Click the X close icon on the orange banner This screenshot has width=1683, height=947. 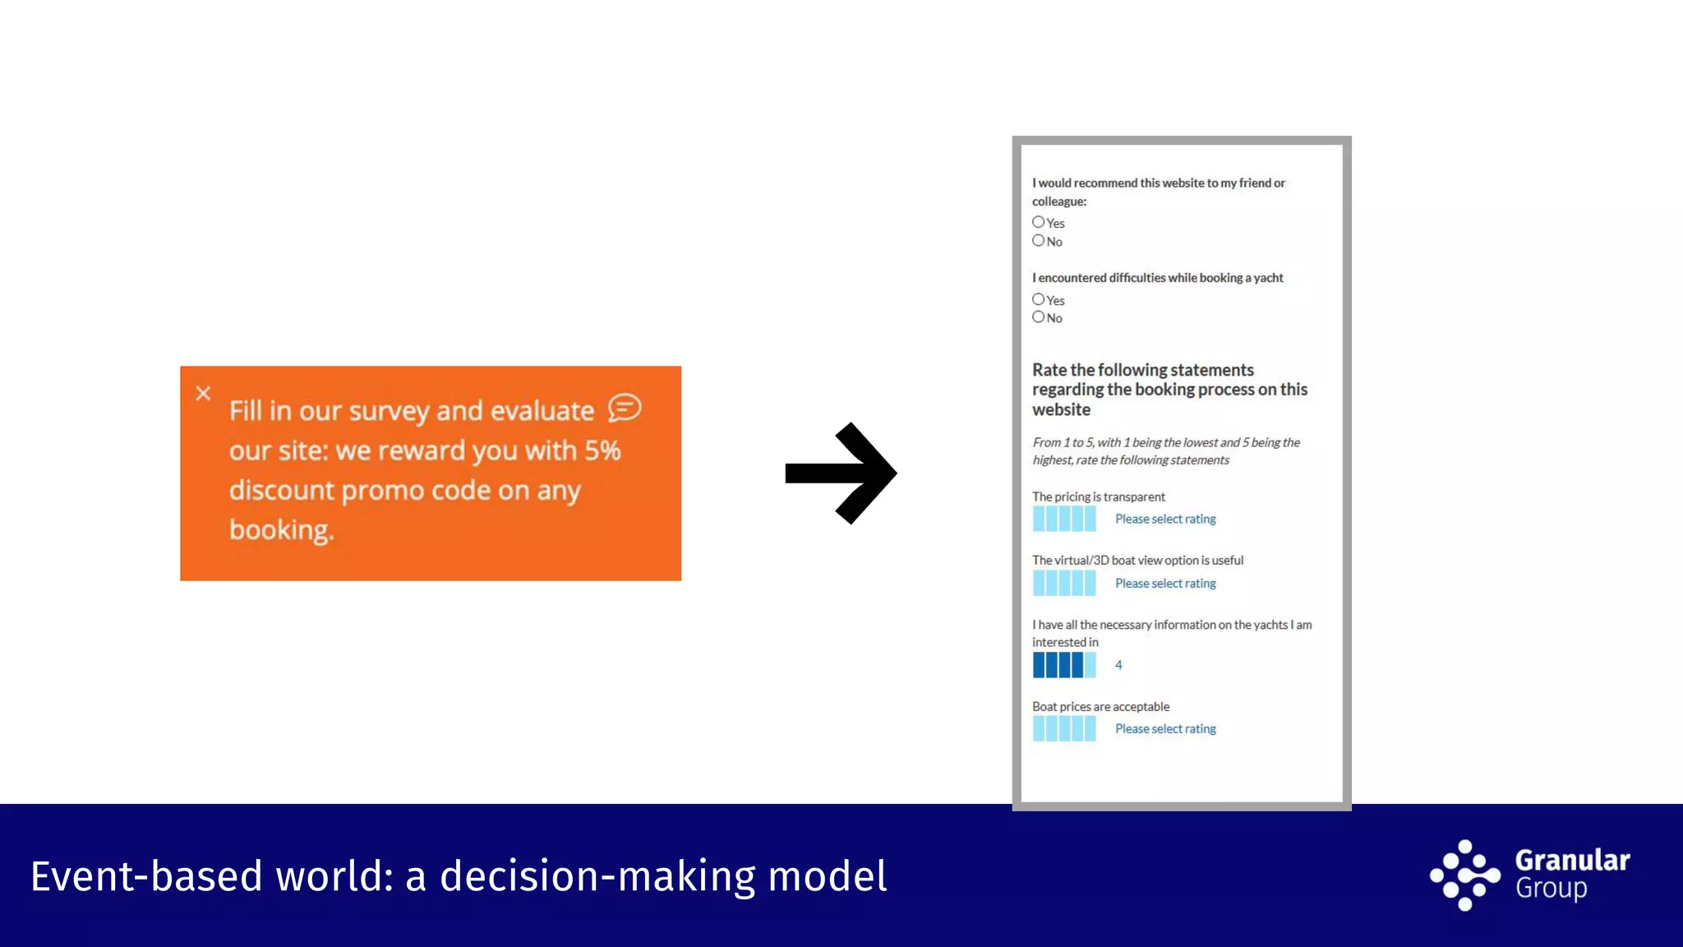(x=204, y=394)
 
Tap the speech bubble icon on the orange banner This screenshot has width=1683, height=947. (x=625, y=408)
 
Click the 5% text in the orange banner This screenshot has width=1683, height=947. (x=602, y=450)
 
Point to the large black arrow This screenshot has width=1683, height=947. (x=841, y=473)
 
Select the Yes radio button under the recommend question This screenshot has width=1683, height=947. (x=1039, y=222)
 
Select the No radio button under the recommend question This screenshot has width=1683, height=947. (x=1039, y=241)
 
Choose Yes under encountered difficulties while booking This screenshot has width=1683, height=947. (x=1039, y=299)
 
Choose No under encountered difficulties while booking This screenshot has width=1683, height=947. (x=1039, y=317)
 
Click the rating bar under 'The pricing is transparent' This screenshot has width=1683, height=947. (x=1064, y=519)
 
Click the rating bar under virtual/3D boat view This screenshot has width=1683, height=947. (x=1064, y=583)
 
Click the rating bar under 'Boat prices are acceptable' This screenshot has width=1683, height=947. (x=1064, y=728)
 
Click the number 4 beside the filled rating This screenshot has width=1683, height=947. (x=1118, y=665)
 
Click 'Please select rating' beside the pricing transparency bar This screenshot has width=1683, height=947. (x=1165, y=519)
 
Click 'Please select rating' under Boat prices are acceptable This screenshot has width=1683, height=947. (x=1165, y=728)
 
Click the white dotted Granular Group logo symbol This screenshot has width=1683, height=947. (x=1464, y=875)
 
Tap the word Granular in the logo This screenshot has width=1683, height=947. (x=1572, y=860)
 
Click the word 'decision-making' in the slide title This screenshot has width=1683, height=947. (x=597, y=876)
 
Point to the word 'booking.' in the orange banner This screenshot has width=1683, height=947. (x=282, y=530)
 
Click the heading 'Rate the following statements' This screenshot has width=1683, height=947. (x=1142, y=370)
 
